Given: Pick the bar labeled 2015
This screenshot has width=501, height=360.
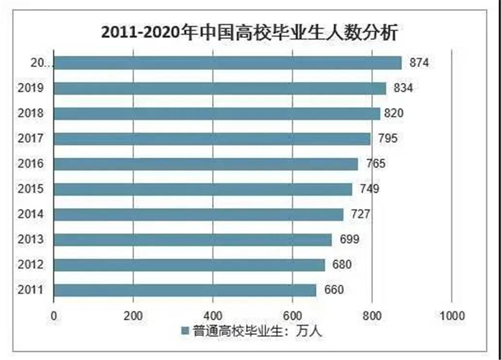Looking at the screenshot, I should [202, 189].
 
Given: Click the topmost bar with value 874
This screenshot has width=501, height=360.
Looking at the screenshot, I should [227, 63].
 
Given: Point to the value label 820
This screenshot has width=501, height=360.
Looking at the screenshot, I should [393, 113].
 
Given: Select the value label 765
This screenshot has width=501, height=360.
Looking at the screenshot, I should [372, 164].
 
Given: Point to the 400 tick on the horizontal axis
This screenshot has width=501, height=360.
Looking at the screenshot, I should [213, 316].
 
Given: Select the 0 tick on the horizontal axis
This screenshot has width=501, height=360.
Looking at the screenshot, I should [54, 316].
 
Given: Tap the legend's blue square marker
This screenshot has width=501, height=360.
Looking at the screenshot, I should [185, 331].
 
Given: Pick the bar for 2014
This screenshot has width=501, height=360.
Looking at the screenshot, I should [198, 215].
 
